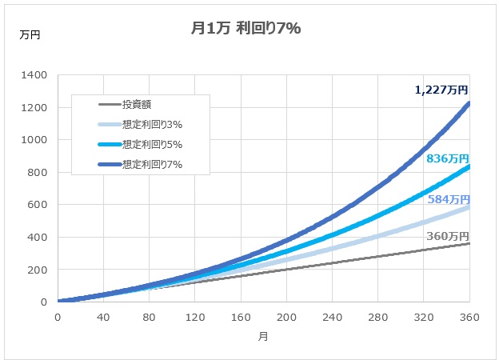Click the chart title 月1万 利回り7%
coord(246,28)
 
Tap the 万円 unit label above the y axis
coord(30,35)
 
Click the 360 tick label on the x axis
coord(469,317)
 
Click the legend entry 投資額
coord(137,104)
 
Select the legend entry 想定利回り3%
coord(153,124)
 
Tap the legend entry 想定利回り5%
coord(153,145)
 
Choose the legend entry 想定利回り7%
coord(153,166)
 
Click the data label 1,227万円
coord(441,90)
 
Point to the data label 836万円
coord(447,158)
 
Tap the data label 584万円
coord(447,199)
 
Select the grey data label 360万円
coord(447,236)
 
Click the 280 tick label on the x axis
coord(377,317)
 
